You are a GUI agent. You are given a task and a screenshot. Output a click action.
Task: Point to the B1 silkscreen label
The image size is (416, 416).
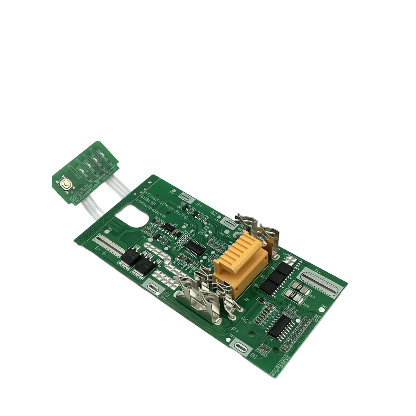254,356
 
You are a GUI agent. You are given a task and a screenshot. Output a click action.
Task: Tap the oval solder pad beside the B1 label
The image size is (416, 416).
242,347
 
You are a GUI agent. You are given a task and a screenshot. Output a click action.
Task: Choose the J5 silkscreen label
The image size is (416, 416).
248,301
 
